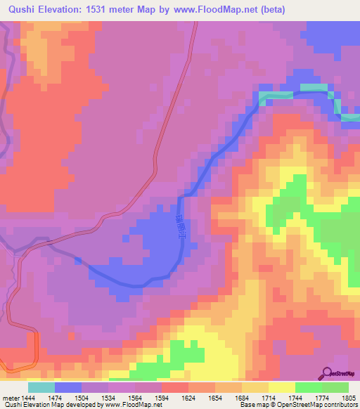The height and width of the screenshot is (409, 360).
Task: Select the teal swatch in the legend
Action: click(x=41, y=387)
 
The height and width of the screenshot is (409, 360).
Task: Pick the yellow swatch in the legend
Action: click(x=282, y=387)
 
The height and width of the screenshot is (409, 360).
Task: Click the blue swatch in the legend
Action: click(x=67, y=387)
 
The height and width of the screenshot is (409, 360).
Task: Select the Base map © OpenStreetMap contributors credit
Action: click(x=297, y=405)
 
